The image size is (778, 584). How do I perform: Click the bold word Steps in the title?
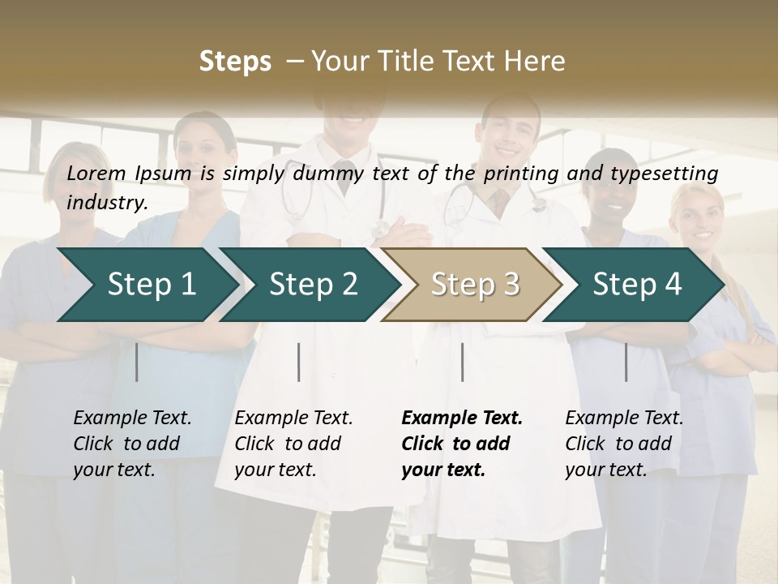pyautogui.click(x=235, y=62)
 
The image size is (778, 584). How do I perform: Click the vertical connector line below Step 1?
pyautogui.click(x=137, y=362)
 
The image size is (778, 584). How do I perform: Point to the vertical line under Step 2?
pyautogui.click(x=299, y=362)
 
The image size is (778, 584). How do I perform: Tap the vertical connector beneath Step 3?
pyautogui.click(x=462, y=362)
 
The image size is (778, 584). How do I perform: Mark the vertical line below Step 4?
pyautogui.click(x=626, y=362)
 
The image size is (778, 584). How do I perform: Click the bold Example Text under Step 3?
pyautogui.click(x=462, y=418)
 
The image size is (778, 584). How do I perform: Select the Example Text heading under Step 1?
pyautogui.click(x=132, y=418)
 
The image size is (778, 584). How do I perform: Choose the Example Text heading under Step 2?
pyautogui.click(x=293, y=418)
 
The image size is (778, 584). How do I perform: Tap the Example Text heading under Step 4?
pyautogui.click(x=624, y=418)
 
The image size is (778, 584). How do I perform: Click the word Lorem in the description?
pyautogui.click(x=96, y=173)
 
